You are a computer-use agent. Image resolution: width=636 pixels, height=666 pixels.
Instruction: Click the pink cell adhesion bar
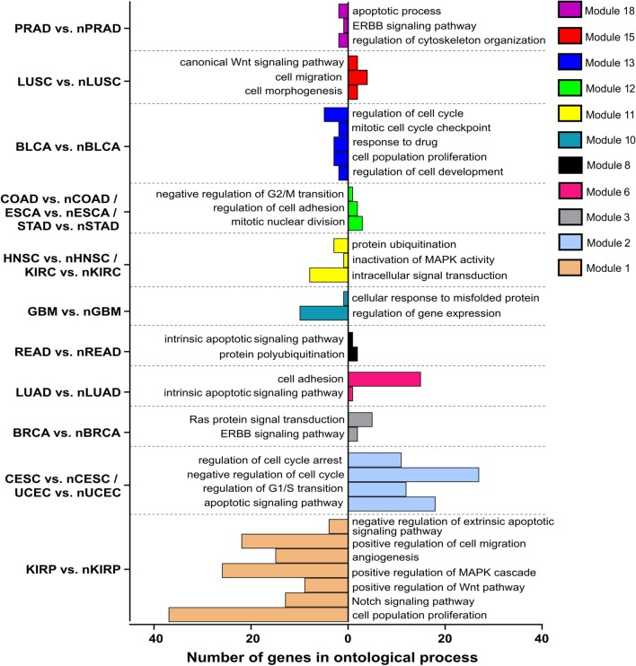point(384,380)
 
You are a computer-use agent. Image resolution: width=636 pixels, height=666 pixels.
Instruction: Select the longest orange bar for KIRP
point(259,614)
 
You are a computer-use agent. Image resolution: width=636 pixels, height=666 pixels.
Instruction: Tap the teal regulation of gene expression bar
point(323,312)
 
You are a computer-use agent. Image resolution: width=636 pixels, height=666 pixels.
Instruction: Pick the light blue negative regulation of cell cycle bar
point(413,474)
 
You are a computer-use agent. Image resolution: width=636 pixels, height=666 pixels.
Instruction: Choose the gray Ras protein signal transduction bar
point(359,419)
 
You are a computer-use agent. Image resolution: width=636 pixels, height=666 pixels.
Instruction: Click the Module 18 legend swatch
point(569,11)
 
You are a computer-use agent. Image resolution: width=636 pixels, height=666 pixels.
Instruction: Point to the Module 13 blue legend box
point(569,63)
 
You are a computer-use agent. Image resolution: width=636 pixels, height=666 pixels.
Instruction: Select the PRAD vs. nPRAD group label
point(66,29)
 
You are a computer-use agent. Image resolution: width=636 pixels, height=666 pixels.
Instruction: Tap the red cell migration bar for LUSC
point(358,77)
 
